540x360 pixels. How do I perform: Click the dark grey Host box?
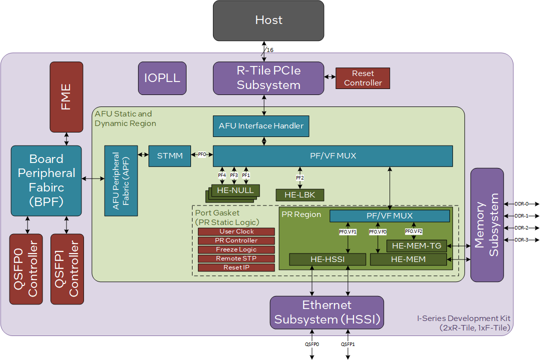pos(268,20)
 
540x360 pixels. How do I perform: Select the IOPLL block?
pos(162,78)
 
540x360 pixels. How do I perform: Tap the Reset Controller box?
pos(363,78)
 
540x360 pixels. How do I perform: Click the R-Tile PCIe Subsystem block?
pos(268,78)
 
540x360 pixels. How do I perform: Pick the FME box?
pos(66,97)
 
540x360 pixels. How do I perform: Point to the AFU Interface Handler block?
pos(261,126)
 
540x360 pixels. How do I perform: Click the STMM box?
pos(169,156)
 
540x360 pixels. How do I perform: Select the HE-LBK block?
pos(300,194)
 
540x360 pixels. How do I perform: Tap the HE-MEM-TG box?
pos(416,245)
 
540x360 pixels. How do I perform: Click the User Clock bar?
pos(236,231)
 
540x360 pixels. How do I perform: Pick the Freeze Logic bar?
pos(236,249)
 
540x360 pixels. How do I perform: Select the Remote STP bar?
pos(236,258)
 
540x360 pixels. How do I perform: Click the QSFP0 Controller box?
pos(26,268)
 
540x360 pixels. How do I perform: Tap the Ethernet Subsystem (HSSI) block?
pos(326,312)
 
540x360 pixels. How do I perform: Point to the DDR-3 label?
pos(521,240)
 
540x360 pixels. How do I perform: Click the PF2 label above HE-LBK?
pos(300,177)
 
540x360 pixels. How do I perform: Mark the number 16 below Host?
pos(270,50)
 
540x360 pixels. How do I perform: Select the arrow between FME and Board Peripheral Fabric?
pos(66,138)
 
